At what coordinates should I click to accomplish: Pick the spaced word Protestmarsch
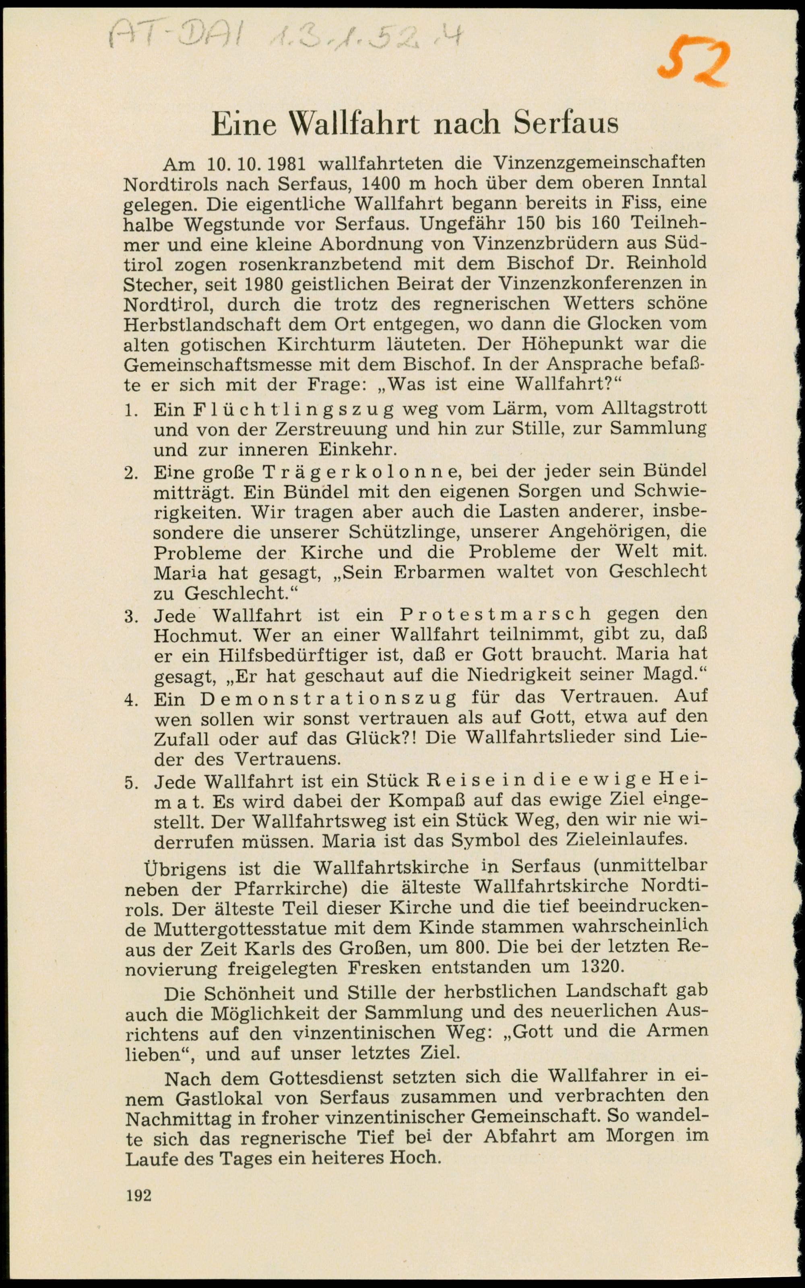click(x=495, y=614)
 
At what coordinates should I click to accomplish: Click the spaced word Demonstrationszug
click(x=328, y=697)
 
